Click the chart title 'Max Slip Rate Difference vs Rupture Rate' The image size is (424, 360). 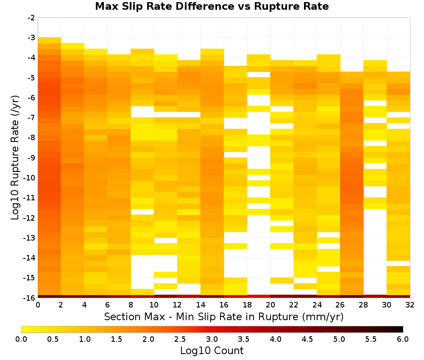point(212,6)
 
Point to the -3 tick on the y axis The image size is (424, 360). point(32,38)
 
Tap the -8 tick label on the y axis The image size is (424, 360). point(32,138)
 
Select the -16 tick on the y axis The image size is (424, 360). point(31,298)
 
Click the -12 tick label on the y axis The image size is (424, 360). point(31,218)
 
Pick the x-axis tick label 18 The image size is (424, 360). point(247,305)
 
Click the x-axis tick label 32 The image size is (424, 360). point(410,305)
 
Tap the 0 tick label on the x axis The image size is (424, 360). point(38,305)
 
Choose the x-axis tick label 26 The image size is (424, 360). point(340,305)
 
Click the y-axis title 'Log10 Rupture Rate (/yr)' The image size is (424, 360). point(15,158)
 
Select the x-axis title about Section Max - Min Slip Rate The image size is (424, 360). point(224,317)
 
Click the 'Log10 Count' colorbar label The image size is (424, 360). point(212,351)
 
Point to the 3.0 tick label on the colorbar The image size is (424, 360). point(212,339)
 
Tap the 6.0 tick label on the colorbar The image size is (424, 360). point(403,339)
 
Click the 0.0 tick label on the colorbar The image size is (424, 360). point(21,339)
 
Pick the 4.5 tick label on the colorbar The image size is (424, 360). point(307,339)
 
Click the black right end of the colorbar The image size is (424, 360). point(402,329)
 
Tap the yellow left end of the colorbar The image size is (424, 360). point(23,329)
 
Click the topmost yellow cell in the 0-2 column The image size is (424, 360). point(50,40)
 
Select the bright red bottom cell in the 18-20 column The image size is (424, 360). point(259,296)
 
